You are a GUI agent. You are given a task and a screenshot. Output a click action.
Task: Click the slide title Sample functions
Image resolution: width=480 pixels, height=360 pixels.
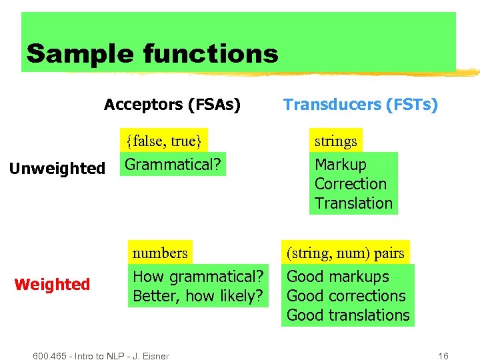pyautogui.click(x=152, y=53)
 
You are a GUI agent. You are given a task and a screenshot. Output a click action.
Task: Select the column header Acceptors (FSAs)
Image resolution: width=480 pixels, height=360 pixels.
pyautogui.click(x=172, y=105)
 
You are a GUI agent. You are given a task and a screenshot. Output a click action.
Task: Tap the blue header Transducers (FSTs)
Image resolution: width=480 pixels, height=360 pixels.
pyautogui.click(x=360, y=105)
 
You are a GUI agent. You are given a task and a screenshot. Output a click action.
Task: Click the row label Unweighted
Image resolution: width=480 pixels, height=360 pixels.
pyautogui.click(x=57, y=169)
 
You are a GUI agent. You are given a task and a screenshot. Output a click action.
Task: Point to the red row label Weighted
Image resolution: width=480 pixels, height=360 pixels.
pyautogui.click(x=52, y=285)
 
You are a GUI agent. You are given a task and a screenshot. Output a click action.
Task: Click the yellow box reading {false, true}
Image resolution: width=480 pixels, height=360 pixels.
pyautogui.click(x=163, y=141)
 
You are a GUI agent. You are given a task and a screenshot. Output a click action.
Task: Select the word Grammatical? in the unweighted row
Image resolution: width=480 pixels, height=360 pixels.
pyautogui.click(x=173, y=164)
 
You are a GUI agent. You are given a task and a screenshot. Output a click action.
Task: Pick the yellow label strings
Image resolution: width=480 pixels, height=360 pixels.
pyautogui.click(x=335, y=141)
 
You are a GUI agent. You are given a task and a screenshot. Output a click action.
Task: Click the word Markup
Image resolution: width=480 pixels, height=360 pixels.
pyautogui.click(x=340, y=165)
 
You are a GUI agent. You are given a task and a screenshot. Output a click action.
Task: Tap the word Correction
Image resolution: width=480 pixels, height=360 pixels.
pyautogui.click(x=350, y=184)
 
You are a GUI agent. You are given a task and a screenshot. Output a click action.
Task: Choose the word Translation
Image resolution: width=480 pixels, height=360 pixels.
pyautogui.click(x=353, y=203)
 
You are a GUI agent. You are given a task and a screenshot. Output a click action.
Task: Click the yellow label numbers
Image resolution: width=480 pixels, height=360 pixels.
pyautogui.click(x=160, y=253)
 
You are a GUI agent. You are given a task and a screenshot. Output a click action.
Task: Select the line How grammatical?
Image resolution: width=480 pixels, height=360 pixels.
pyautogui.click(x=198, y=277)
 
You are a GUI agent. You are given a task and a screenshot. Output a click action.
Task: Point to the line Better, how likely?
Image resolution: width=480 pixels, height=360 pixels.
pyautogui.click(x=198, y=296)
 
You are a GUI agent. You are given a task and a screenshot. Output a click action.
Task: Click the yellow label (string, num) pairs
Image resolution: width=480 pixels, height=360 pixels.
pyautogui.click(x=345, y=253)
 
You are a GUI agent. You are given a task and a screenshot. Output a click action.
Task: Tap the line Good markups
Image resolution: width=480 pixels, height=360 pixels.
pyautogui.click(x=337, y=277)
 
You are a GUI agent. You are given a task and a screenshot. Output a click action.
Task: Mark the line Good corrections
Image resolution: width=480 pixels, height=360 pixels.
pyautogui.click(x=345, y=296)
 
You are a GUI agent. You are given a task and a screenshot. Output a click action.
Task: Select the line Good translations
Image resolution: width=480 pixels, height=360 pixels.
pyautogui.click(x=348, y=315)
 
